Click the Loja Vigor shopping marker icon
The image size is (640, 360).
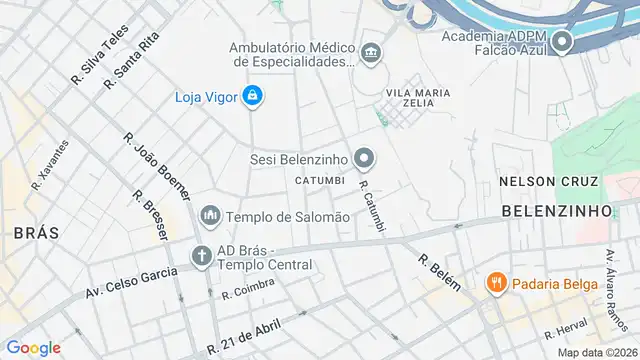click(254, 96)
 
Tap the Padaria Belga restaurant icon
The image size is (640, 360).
click(496, 283)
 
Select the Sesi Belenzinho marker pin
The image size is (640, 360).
click(365, 158)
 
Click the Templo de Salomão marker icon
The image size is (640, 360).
click(210, 216)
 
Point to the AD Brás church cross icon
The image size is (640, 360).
click(201, 257)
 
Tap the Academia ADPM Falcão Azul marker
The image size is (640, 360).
click(561, 42)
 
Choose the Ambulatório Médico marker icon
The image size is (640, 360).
click(372, 52)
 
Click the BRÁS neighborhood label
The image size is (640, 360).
click(36, 232)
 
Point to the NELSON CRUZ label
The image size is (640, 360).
click(549, 181)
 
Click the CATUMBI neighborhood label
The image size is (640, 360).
click(320, 180)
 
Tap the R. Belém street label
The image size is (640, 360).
click(440, 271)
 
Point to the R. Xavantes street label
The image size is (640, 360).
click(51, 164)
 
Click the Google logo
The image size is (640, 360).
click(34, 348)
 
